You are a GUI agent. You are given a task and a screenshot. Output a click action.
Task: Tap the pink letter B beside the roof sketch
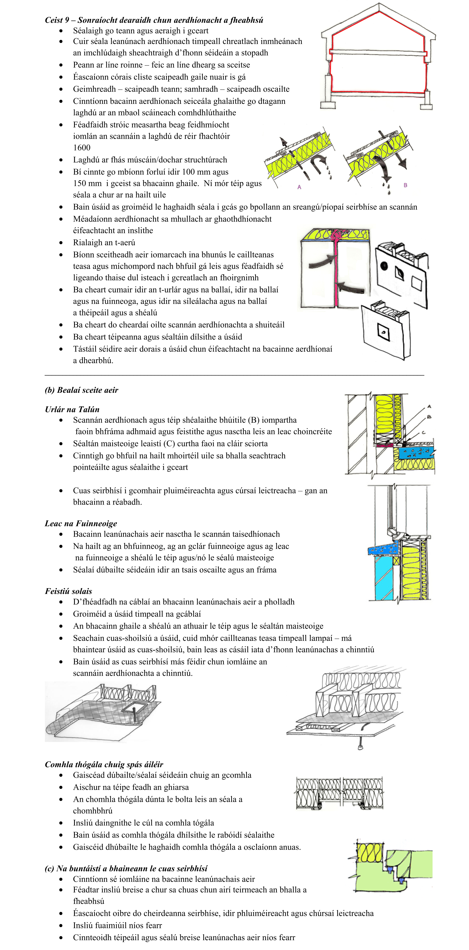(405, 185)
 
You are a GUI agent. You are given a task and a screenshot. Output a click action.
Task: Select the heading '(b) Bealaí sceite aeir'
(82, 390)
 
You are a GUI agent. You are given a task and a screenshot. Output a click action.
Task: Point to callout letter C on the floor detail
(424, 433)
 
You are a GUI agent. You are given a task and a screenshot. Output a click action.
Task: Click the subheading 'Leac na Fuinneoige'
(81, 524)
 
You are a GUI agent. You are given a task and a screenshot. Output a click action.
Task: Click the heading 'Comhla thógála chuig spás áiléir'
(104, 765)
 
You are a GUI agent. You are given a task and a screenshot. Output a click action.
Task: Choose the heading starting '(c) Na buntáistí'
(126, 868)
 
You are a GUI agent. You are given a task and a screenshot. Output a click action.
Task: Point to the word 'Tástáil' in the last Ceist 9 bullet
(86, 349)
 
